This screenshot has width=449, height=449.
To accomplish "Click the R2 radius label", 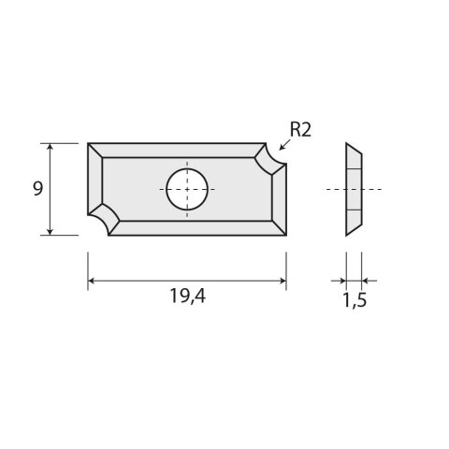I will click(299, 130).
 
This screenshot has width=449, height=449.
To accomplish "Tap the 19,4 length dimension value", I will click(188, 297).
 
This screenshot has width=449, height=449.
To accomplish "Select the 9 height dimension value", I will click(37, 188).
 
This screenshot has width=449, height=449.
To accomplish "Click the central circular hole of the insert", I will click(187, 188).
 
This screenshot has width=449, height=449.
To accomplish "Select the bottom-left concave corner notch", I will click(103, 221).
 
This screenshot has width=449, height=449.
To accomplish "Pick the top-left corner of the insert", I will click(89, 144).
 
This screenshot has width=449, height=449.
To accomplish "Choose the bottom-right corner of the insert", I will click(285, 234).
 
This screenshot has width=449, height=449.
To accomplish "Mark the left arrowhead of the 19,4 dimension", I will click(92, 280).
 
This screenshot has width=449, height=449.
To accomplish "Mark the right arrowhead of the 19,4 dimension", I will click(282, 280).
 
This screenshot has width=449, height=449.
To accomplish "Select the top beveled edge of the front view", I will click(178, 150).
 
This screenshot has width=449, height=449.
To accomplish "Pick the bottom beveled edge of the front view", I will click(196, 227).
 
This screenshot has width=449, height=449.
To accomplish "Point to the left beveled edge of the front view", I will click(94, 182).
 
